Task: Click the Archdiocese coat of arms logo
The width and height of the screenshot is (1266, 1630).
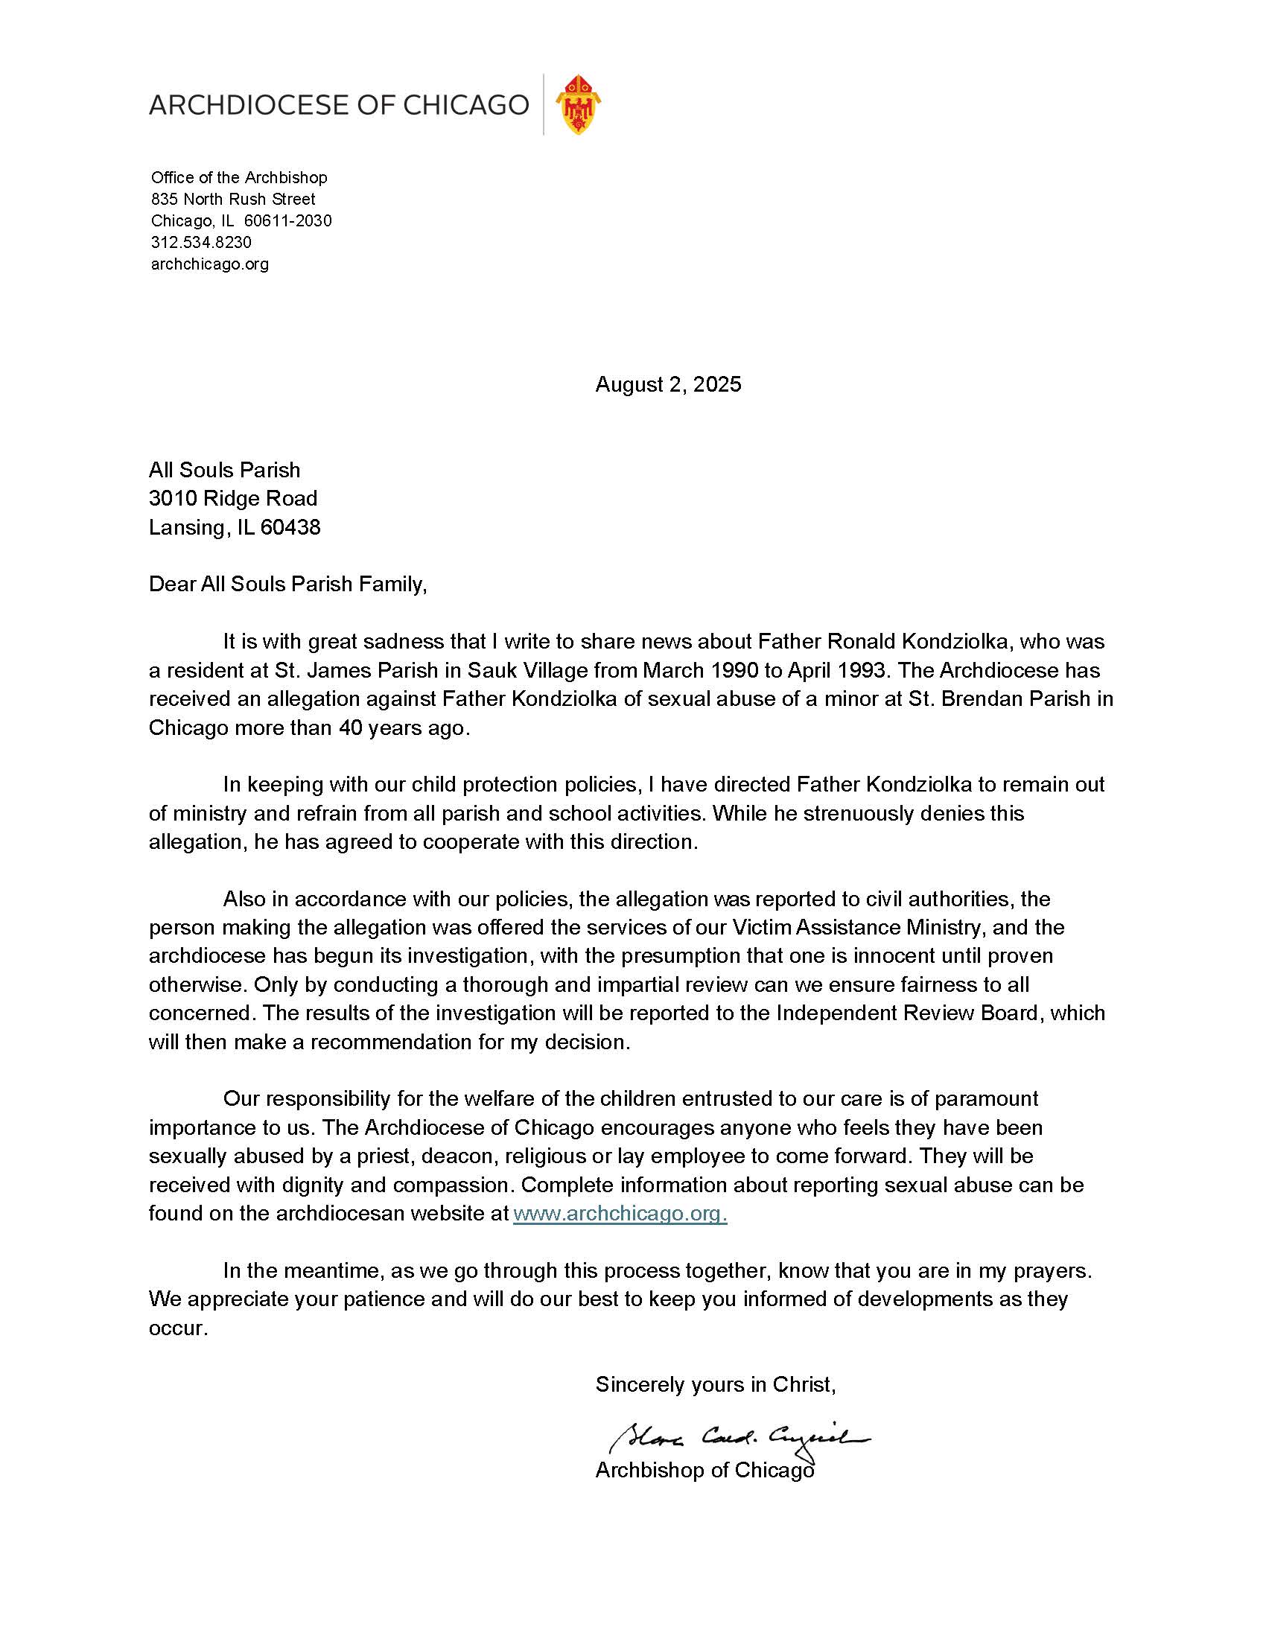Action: click(x=578, y=104)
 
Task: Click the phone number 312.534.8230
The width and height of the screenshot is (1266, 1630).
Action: click(x=201, y=242)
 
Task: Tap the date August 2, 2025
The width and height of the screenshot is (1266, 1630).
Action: click(x=667, y=384)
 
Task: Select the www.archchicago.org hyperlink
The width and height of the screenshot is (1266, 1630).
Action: click(x=619, y=1214)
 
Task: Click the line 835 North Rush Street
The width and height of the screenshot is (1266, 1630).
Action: click(x=233, y=199)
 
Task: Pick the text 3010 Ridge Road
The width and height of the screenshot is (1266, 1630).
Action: click(x=233, y=498)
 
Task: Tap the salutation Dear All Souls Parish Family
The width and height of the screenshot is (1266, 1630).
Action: click(x=287, y=584)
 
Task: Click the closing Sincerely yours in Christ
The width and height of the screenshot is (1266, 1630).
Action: click(x=714, y=1384)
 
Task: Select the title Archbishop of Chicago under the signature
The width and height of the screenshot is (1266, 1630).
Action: click(x=704, y=1470)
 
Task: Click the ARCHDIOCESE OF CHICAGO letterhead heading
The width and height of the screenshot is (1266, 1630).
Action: click(x=339, y=104)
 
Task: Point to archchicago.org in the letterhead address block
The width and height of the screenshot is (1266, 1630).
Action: click(x=210, y=264)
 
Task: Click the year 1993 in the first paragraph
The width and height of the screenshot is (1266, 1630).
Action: click(x=865, y=670)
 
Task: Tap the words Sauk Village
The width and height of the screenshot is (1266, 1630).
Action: click(x=528, y=670)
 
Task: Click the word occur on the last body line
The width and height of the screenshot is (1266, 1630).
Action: click(x=177, y=1328)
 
